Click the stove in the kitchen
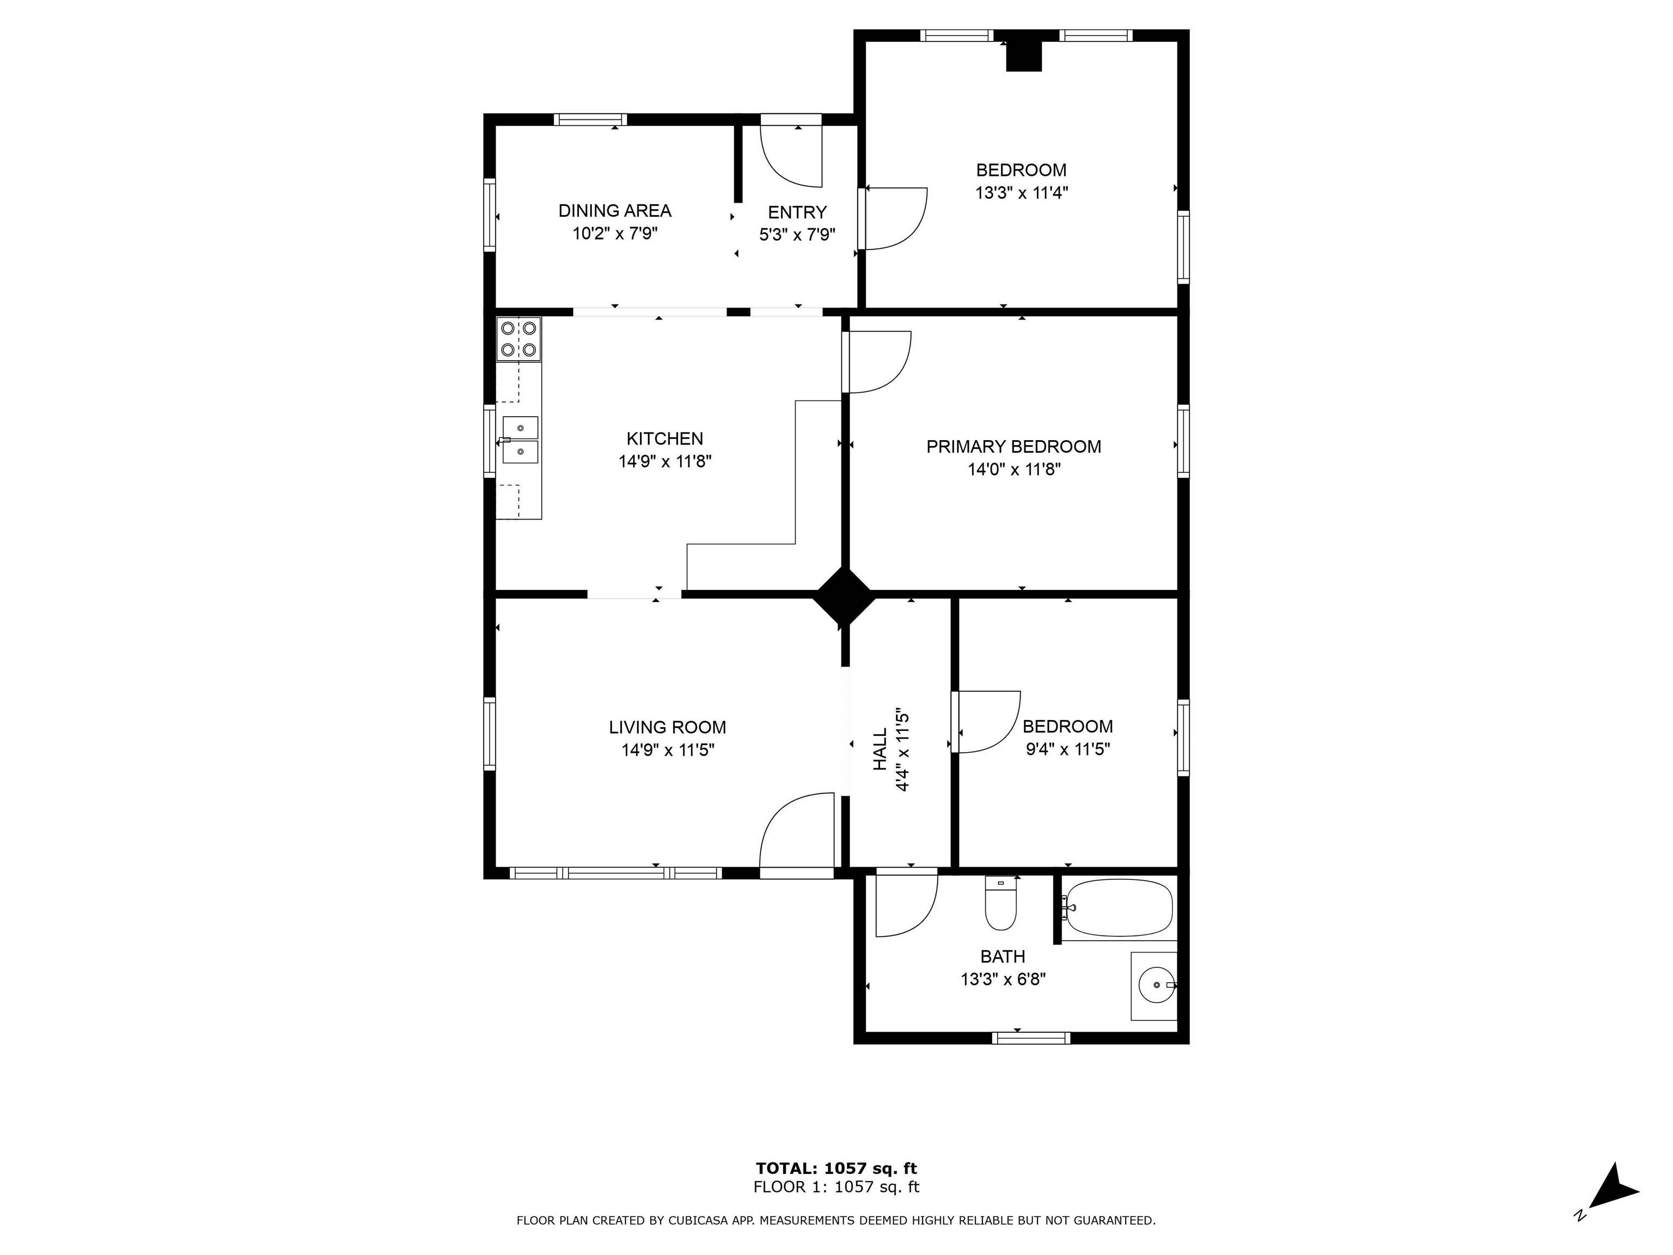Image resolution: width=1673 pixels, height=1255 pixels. (519, 339)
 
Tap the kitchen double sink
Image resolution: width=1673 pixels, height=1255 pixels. (520, 440)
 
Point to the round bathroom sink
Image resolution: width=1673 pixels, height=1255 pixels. (1156, 984)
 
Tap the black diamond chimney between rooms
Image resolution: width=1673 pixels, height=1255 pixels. (844, 595)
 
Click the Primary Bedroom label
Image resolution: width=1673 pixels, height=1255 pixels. (1013, 446)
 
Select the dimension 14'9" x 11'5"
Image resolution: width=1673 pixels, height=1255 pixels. (668, 751)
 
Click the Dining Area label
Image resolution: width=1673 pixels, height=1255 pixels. (614, 210)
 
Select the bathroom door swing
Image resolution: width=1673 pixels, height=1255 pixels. (906, 905)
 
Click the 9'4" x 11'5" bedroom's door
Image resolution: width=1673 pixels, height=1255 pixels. (986, 722)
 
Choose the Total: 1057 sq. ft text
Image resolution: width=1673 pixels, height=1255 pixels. (836, 1169)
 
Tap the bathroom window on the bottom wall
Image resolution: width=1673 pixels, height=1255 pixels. (1031, 1038)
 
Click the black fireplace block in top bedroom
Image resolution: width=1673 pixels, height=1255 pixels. (1023, 55)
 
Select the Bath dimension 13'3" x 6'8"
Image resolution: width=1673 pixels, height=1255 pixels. (1003, 979)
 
